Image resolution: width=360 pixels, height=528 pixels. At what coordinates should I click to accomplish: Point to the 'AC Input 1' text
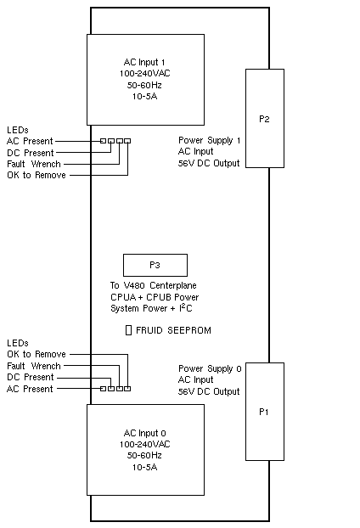click(144, 62)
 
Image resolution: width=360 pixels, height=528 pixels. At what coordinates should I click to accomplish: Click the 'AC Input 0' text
click(144, 433)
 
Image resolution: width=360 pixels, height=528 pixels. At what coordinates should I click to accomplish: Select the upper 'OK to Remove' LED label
click(37, 175)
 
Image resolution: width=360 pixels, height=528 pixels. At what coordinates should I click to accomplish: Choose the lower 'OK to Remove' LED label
click(37, 354)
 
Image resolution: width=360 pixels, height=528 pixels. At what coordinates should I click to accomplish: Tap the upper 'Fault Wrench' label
click(34, 164)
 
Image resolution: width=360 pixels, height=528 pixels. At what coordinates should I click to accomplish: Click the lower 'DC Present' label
click(31, 377)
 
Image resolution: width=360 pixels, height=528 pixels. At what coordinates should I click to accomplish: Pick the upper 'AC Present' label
click(30, 141)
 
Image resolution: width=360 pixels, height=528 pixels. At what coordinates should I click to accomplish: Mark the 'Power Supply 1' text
click(210, 140)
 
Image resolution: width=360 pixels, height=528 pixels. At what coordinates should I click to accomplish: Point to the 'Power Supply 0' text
click(210, 368)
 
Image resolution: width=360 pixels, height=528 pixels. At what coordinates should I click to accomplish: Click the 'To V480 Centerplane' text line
click(153, 285)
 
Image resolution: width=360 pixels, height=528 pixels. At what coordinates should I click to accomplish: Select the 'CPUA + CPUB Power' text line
click(155, 297)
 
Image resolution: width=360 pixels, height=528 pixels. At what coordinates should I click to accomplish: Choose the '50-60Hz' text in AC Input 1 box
click(144, 85)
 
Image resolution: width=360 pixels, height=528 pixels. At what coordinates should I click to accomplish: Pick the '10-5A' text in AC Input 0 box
click(144, 468)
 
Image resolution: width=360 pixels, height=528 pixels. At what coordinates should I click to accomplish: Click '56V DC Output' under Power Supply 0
click(209, 391)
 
